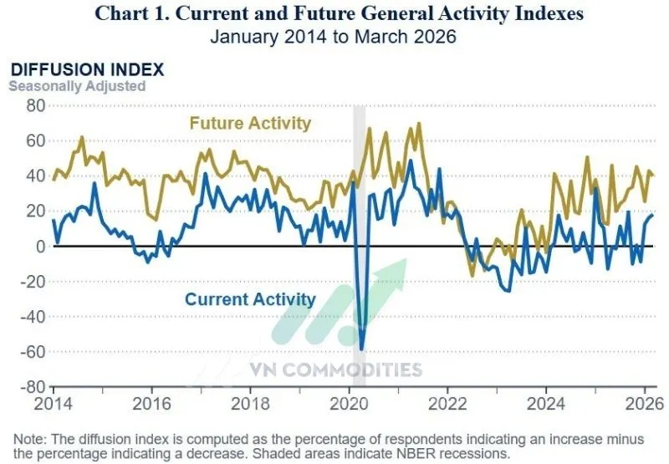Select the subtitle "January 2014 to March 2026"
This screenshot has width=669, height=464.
tap(334, 36)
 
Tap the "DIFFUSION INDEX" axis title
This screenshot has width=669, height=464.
tap(86, 69)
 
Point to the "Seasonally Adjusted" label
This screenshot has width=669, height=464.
tap(77, 85)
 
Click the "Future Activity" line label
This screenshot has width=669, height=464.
tap(250, 124)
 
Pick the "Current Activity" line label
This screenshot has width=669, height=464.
tap(250, 299)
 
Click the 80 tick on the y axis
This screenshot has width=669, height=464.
tap(34, 105)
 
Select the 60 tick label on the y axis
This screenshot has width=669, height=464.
tap(34, 140)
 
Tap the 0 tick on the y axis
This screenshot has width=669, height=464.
tap(39, 247)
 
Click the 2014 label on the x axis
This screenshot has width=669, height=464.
tap(54, 402)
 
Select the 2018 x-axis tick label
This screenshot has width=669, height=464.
tap(250, 402)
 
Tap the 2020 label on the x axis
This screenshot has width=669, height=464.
tap(349, 402)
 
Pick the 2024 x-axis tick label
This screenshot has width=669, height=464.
tap(545, 402)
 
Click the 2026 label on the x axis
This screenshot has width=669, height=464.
tap(644, 402)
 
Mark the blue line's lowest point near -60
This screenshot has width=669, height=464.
tap(361, 349)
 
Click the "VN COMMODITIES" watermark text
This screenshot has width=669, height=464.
tap(334, 370)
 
